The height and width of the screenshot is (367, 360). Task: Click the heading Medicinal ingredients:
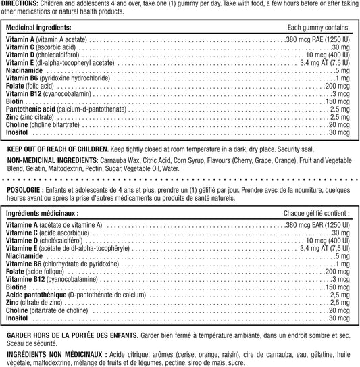point(38,28)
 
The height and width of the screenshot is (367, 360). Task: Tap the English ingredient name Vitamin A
point(20,41)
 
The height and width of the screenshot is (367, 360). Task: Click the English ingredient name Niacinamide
point(24,70)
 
